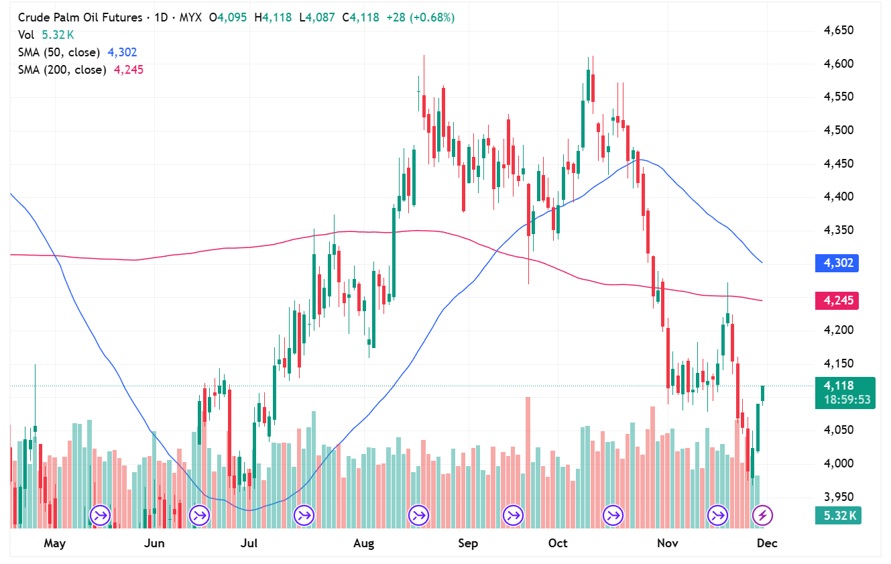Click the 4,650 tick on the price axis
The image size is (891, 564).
(x=839, y=31)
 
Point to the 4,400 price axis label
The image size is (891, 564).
(x=839, y=196)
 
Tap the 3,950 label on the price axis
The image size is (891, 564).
(x=839, y=497)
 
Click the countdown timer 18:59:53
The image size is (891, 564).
(x=845, y=400)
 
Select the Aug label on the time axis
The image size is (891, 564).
(x=364, y=543)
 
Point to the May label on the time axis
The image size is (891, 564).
(x=54, y=543)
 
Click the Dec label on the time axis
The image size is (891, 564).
(x=767, y=543)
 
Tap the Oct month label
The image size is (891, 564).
(x=558, y=543)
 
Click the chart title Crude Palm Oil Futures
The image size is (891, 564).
(x=80, y=17)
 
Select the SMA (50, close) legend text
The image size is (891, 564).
(x=59, y=52)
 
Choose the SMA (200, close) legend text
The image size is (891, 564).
(x=62, y=70)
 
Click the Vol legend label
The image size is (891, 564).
(x=27, y=35)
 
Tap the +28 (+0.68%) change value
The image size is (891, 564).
(x=420, y=17)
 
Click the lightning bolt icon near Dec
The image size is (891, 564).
(x=762, y=515)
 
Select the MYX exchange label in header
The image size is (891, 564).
(x=190, y=17)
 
